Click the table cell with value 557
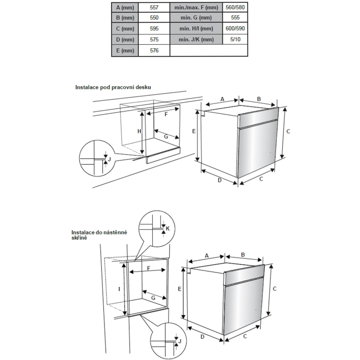coord(153,8)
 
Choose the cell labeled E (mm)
coord(125,50)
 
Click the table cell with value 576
coord(153,50)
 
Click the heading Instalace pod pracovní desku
coord(113,87)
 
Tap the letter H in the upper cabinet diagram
coord(139,132)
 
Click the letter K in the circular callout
coord(168,228)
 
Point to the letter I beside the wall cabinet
coord(119,290)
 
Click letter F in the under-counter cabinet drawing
coord(166,115)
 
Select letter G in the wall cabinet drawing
coord(153,298)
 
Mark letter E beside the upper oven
coord(194,132)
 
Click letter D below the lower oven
coord(202,336)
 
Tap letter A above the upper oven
coord(223,98)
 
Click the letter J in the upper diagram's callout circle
coord(109,160)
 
